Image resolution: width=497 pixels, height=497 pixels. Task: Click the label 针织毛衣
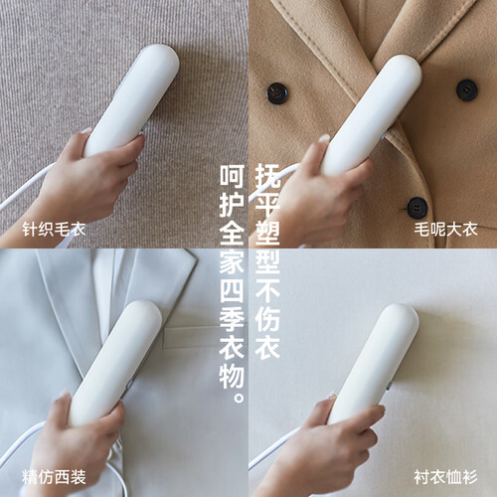pyautogui.click(x=54, y=230)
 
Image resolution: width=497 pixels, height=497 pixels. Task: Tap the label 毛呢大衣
pyautogui.click(x=445, y=230)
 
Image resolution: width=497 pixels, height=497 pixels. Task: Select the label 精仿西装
pyautogui.click(x=54, y=477)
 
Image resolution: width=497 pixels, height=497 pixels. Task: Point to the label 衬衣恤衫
pyautogui.click(x=445, y=477)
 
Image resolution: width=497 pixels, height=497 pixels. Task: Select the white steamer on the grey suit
pyautogui.click(x=115, y=363)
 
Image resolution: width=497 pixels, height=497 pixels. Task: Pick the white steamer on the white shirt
pyautogui.click(x=373, y=365)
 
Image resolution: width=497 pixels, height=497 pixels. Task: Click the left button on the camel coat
pyautogui.click(x=276, y=93)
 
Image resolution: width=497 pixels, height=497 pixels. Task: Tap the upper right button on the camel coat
pyautogui.click(x=466, y=89)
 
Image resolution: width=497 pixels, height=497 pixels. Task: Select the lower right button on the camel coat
pyautogui.click(x=416, y=208)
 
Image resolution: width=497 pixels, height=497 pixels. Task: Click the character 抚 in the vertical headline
pyautogui.click(x=267, y=176)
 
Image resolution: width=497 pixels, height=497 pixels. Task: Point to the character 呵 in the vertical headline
pyautogui.click(x=232, y=176)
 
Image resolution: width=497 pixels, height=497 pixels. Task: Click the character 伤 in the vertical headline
pyautogui.click(x=267, y=319)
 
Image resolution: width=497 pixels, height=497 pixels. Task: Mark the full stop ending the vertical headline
pyautogui.click(x=239, y=398)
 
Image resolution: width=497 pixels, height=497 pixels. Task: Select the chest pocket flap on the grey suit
pyautogui.click(x=192, y=336)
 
